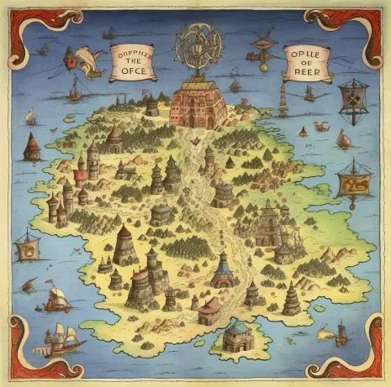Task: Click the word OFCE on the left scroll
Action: coord(135,72)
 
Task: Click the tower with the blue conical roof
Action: coord(222,270)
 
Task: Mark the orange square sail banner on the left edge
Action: coord(27,248)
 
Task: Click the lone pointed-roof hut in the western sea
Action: coord(31,147)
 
